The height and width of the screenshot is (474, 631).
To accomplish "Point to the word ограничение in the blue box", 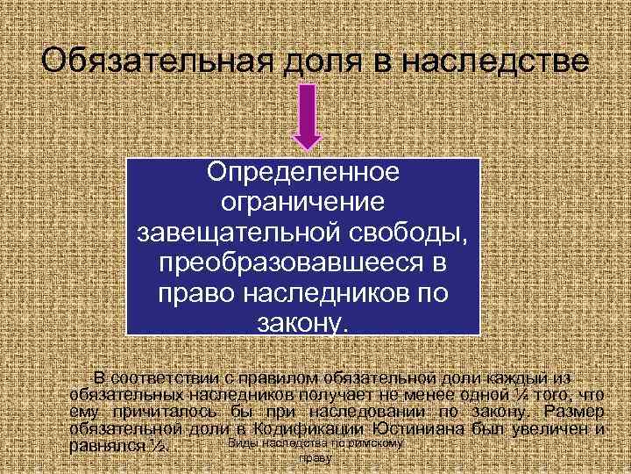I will [x=302, y=202].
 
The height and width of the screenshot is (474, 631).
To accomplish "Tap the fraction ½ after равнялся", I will [x=158, y=447].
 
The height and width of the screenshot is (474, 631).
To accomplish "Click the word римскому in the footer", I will [x=376, y=443].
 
